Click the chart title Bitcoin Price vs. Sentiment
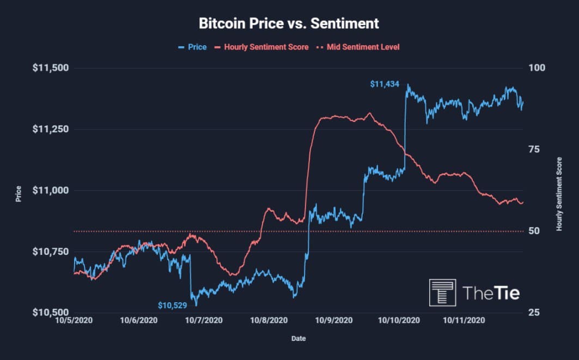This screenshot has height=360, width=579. click(x=289, y=24)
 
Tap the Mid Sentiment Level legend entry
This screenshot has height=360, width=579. click(x=363, y=47)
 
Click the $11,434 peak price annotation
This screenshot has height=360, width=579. click(x=385, y=84)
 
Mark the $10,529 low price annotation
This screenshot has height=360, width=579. click(x=173, y=306)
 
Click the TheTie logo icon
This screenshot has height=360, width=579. click(x=442, y=293)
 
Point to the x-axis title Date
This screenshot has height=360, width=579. click(x=298, y=339)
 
